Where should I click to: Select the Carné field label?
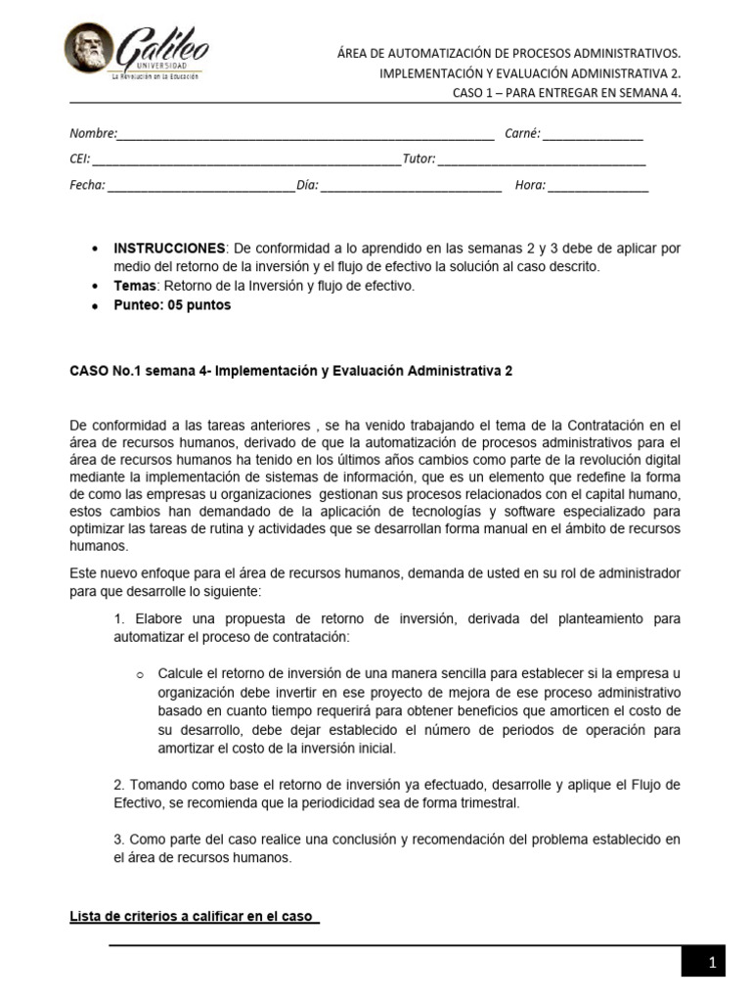(x=522, y=134)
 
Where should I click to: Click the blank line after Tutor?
(x=542, y=159)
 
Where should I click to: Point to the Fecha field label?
(x=86, y=185)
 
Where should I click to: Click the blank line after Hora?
(x=597, y=186)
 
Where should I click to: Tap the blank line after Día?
(x=411, y=186)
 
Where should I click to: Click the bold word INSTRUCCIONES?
(x=170, y=249)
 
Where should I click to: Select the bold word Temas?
(x=136, y=286)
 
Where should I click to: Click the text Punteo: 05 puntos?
(x=173, y=304)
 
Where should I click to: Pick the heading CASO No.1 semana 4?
(x=290, y=371)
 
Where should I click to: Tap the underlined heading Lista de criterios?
(x=195, y=916)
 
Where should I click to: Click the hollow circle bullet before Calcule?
(x=140, y=675)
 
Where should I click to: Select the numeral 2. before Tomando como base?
(x=119, y=785)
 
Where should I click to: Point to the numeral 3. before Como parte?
(x=119, y=840)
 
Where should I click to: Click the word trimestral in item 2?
(x=489, y=803)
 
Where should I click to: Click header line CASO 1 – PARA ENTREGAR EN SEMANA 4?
(x=566, y=92)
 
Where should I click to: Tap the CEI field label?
(x=79, y=159)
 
